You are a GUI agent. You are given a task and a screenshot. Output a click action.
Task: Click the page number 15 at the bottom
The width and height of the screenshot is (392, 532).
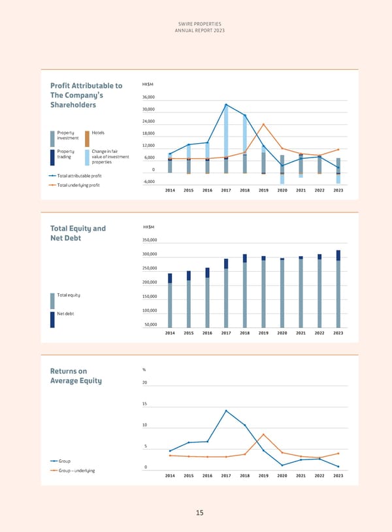coord(201,513)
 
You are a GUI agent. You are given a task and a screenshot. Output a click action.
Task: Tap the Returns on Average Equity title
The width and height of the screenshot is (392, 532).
coord(76,376)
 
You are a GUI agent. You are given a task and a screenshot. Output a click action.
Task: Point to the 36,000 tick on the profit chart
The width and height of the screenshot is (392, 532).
coord(148,97)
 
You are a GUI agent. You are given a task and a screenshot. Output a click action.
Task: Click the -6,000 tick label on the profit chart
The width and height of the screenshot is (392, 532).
coord(148,181)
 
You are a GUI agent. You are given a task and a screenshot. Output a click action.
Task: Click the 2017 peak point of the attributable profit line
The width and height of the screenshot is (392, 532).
coord(226,105)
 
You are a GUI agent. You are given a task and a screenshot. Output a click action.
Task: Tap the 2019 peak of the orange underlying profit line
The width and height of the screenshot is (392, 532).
coord(263,124)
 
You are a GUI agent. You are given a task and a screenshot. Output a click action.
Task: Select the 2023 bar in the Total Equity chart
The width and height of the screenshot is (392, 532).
coord(338,289)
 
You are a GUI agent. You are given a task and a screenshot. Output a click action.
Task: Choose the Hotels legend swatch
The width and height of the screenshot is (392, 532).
coord(87,139)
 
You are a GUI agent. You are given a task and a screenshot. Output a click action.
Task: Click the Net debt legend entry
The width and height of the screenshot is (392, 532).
coord(65,314)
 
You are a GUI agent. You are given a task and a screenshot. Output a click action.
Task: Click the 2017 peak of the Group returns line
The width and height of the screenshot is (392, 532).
coord(226,410)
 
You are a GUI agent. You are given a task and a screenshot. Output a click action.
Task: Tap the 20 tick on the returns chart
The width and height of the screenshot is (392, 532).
coord(145,383)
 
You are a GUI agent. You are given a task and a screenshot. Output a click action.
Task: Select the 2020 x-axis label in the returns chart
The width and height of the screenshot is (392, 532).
coord(282,476)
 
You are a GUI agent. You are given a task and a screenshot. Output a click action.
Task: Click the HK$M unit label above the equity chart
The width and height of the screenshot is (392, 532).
coord(148,227)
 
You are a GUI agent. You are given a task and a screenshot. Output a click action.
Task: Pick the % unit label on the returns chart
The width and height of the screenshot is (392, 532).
coord(144,371)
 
